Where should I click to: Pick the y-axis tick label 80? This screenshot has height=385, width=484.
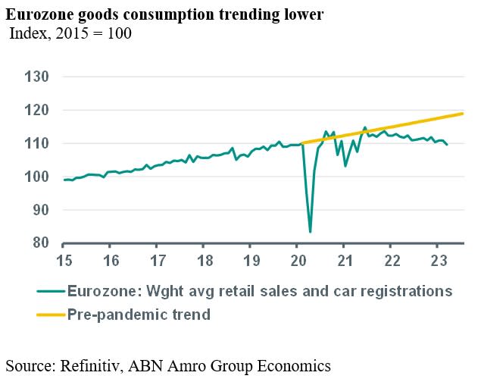click(x=39, y=243)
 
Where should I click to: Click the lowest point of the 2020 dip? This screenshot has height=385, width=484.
click(x=311, y=231)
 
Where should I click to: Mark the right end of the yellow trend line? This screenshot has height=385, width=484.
click(x=463, y=114)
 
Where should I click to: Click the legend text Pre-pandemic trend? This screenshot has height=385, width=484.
click(x=139, y=312)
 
